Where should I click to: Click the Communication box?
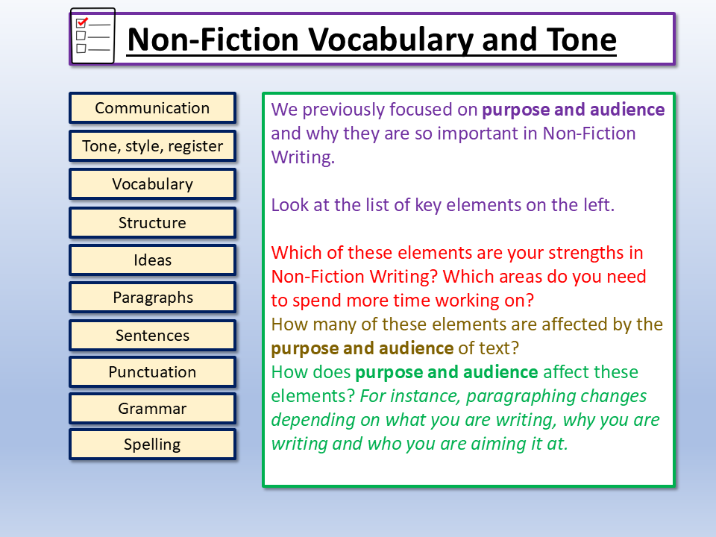(152, 108)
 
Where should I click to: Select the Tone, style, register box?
(152, 146)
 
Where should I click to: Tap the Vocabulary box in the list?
(152, 184)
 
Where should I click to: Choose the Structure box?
(152, 223)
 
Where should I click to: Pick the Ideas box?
(152, 260)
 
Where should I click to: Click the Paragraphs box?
(152, 298)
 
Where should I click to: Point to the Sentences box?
(152, 336)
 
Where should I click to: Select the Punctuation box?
(152, 372)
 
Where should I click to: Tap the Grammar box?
(152, 409)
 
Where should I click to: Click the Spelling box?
(152, 445)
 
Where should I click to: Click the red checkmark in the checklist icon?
(82, 22)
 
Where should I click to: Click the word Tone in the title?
(581, 40)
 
